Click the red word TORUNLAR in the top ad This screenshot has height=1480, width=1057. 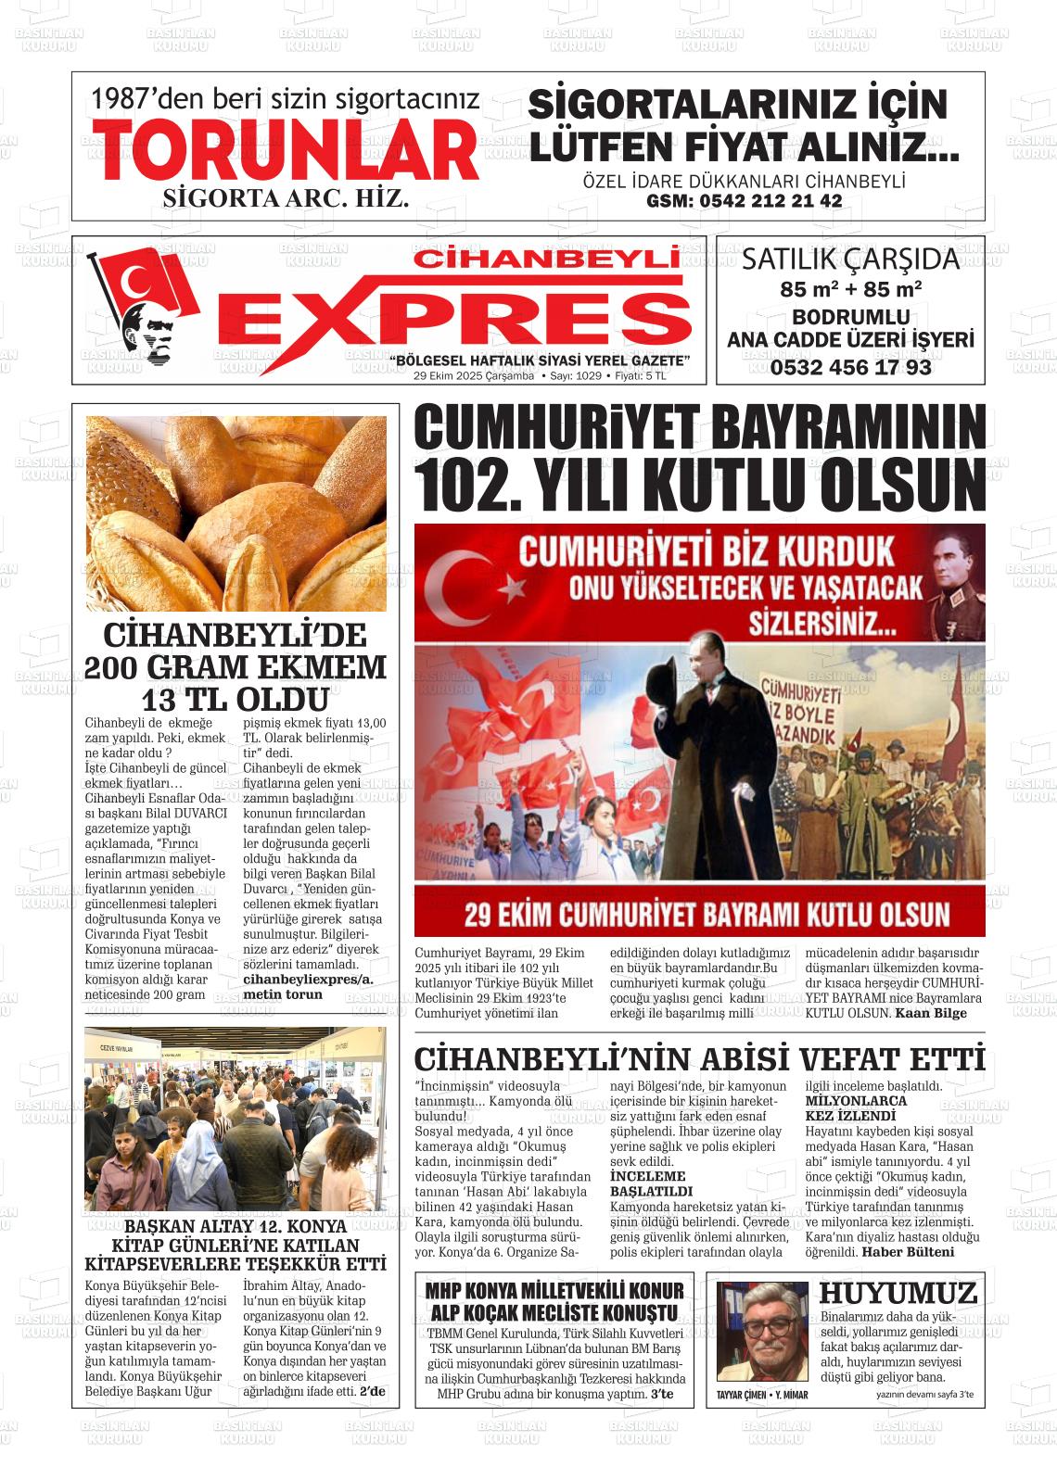pos(286,151)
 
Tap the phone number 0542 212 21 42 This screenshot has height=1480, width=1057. pos(744,201)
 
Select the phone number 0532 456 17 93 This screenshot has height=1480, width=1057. pos(849,367)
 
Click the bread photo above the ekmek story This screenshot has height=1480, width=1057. pos(236,512)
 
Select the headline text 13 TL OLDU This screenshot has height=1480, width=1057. pos(236,699)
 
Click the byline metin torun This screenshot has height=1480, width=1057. pos(283,994)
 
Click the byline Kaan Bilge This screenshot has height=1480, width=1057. pos(930,1013)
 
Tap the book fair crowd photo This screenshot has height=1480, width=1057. pos(236,1119)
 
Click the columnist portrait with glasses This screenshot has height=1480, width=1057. pos(763,1331)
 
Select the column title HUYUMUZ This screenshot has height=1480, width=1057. pos(898,1293)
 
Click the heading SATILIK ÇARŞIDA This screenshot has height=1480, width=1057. pos(849,259)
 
